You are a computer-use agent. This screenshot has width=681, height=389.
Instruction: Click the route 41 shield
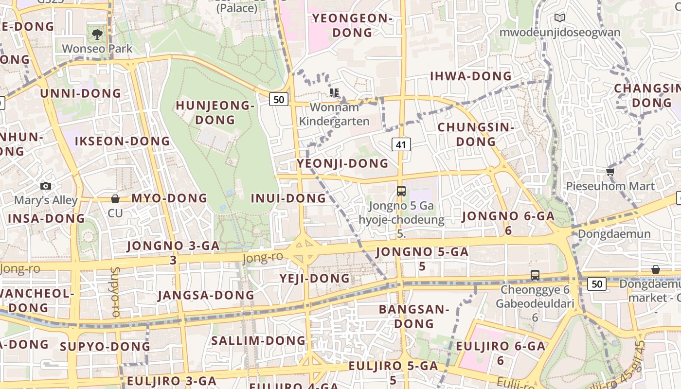(401, 144)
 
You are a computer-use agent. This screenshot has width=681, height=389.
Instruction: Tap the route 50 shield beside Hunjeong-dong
(279, 100)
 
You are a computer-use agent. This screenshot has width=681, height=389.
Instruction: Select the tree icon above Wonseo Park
(97, 34)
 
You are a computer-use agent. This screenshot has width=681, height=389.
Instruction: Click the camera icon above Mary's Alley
(46, 186)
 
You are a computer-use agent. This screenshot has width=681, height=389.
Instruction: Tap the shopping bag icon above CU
(115, 198)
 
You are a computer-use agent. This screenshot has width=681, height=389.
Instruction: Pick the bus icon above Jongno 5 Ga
(401, 191)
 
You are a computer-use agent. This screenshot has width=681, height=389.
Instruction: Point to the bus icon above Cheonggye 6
(535, 275)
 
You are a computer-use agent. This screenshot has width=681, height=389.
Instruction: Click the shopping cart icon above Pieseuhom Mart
(610, 172)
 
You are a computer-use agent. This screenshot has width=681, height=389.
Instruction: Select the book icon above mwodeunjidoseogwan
(560, 18)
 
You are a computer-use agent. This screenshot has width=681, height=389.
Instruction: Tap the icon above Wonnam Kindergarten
(334, 92)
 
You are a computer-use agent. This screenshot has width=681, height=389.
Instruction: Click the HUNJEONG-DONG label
(215, 112)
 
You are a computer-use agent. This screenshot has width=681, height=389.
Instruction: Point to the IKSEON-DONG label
(123, 141)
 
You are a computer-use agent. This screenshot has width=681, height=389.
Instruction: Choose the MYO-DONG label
(169, 198)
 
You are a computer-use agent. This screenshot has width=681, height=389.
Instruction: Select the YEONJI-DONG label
(343, 163)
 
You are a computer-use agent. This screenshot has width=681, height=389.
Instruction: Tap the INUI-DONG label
(288, 198)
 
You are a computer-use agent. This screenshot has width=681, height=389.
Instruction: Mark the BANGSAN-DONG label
(414, 316)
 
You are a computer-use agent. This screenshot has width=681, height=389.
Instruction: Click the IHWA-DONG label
(471, 76)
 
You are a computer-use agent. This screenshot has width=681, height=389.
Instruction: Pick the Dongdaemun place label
(614, 234)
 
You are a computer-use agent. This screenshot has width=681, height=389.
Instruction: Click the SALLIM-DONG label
(258, 341)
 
